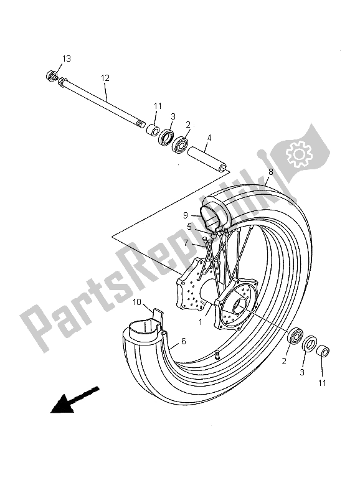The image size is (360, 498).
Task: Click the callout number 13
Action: tap(66, 59)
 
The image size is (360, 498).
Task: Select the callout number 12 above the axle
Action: tap(105, 78)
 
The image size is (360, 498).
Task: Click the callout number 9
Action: tap(185, 215)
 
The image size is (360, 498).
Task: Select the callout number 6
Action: tap(183, 341)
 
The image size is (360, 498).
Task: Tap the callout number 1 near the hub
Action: tap(201, 322)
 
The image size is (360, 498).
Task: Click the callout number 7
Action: tap(186, 243)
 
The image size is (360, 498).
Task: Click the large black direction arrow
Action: tap(73, 400)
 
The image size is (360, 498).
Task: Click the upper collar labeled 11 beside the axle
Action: tap(151, 130)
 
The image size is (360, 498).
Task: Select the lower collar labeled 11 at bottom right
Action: tap(323, 353)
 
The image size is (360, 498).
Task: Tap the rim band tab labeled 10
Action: tap(158, 317)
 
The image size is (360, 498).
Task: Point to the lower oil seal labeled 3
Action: tap(308, 344)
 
